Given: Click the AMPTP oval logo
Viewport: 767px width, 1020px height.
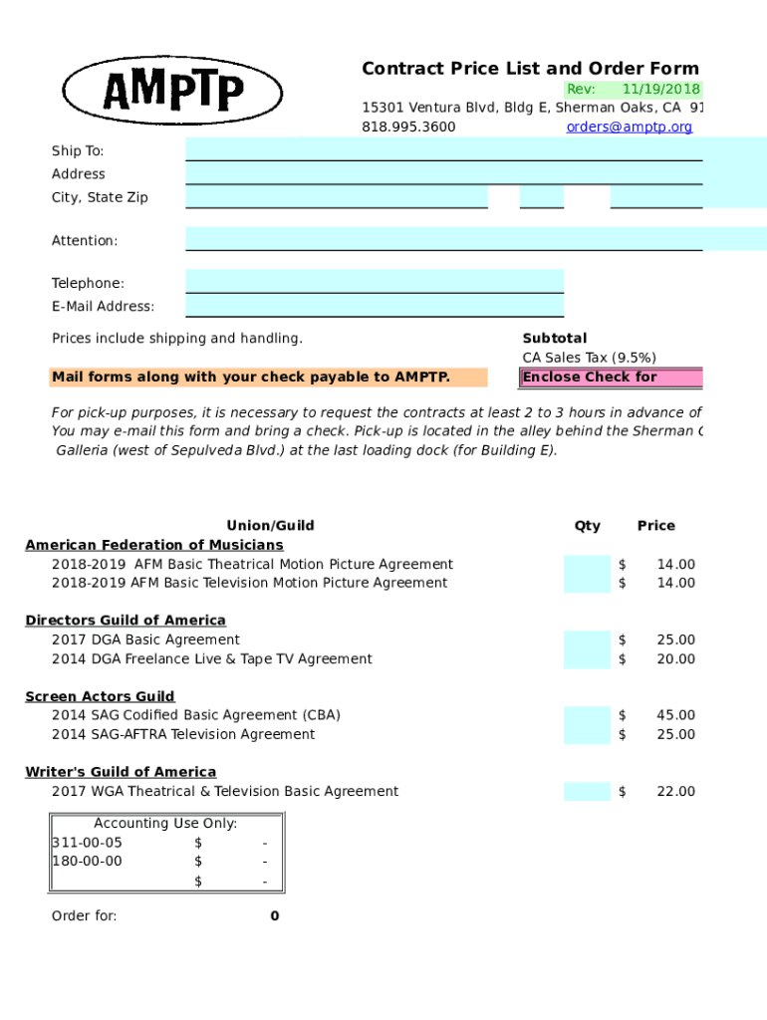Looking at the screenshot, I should pos(173,90).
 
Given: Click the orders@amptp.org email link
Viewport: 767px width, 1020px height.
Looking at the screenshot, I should pos(629,127).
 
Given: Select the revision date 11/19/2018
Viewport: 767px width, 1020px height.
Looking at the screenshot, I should pos(661,89).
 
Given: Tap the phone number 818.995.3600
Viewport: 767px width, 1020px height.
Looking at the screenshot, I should pos(408,127).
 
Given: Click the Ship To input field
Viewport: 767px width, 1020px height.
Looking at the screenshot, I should pos(443,149).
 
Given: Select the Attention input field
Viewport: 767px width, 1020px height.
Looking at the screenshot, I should pos(443,239).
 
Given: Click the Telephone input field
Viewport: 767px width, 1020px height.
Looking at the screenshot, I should pos(375,282).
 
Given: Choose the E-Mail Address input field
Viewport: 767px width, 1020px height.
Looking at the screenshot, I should pos(375,306).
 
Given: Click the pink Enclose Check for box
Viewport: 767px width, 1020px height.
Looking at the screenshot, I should pos(610,378).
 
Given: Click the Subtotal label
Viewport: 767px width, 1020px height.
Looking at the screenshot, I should pos(555,339).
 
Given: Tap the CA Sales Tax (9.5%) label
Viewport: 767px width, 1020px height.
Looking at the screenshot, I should pos(589,358).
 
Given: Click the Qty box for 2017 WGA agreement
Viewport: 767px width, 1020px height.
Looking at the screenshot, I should pos(587,792).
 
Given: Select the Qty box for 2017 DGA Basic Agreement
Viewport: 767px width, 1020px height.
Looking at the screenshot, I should pos(587,640).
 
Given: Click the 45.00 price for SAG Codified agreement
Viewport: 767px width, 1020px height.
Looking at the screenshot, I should pos(675,715).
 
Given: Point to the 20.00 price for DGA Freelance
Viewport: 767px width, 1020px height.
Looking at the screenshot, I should pos(675,659).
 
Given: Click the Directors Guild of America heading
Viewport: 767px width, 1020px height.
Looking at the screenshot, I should pos(126,621).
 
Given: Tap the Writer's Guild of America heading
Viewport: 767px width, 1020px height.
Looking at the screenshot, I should pos(121,772).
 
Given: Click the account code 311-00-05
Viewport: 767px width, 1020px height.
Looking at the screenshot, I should pos(88,843).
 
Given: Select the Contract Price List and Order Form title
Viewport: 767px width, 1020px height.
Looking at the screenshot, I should pos(530,69).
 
